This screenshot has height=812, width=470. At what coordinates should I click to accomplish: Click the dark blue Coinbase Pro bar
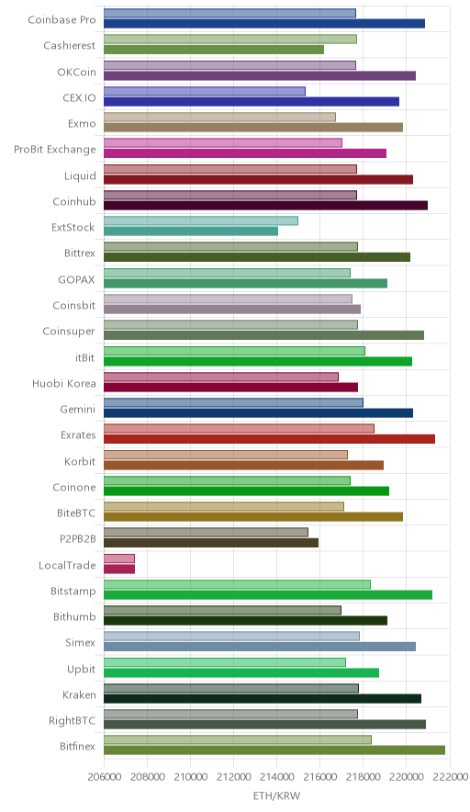coord(264,23)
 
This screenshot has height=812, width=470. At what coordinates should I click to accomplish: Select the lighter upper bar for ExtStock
coord(201,220)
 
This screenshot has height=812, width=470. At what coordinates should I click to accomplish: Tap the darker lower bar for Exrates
coord(269,439)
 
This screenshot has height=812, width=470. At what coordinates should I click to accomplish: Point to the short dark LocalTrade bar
coord(119,570)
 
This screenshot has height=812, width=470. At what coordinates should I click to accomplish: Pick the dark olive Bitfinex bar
coord(274,750)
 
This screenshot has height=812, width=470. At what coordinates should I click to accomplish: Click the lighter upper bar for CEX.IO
coord(205,91)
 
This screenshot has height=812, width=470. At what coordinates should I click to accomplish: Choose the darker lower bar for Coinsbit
coord(232,310)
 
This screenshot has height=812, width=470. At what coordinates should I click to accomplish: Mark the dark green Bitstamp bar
coord(268,595)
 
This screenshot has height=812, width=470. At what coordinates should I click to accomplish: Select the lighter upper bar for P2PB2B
coord(206,533)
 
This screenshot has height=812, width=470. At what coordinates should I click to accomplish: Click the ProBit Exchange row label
coord(55,150)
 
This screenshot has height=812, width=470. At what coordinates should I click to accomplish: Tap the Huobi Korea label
coord(63,384)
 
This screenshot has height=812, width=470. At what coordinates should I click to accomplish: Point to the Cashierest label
coord(70,46)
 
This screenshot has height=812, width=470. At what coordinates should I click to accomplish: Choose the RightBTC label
coord(72,721)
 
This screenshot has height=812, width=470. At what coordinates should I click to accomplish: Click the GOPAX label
coord(76,279)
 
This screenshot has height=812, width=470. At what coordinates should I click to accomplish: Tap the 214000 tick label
coord(276,777)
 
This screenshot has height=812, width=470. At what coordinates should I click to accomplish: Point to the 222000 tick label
coord(449,777)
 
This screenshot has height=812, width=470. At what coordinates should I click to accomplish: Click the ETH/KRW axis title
coord(276,796)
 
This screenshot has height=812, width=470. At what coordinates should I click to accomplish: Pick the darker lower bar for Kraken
coord(263,699)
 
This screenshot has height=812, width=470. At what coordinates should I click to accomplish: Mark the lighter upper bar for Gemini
coord(233,403)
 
